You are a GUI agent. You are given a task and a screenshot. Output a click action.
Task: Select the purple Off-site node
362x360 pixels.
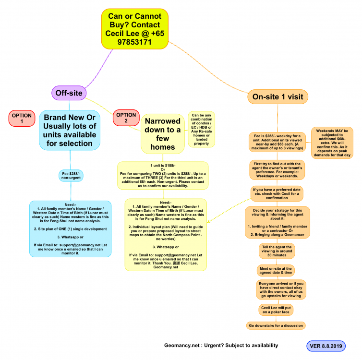tap(69, 93)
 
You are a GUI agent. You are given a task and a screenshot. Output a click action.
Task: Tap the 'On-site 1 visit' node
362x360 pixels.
tap(278, 96)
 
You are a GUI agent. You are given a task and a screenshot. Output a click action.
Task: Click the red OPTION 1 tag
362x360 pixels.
tap(22, 119)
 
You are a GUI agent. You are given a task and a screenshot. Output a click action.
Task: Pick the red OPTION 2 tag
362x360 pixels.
tap(126, 118)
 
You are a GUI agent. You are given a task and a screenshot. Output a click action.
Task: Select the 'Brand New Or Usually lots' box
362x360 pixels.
tap(70, 130)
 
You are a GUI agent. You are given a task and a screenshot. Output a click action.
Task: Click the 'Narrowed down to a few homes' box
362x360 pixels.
tap(163, 133)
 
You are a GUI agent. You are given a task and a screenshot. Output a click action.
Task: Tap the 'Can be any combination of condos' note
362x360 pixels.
tap(201, 129)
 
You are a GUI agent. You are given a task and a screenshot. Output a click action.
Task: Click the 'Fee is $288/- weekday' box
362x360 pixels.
tap(278, 142)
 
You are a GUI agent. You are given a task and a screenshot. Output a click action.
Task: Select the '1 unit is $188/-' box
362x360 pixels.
tap(162, 176)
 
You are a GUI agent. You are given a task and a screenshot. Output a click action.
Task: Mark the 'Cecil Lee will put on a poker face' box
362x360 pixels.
tap(276, 310)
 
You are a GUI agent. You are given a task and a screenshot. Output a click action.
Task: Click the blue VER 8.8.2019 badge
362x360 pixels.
tap(326, 346)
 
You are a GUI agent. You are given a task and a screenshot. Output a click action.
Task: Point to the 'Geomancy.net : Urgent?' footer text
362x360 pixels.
tap(221, 346)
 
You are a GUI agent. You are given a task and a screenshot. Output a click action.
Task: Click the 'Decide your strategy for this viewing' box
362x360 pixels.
tap(278, 222)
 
